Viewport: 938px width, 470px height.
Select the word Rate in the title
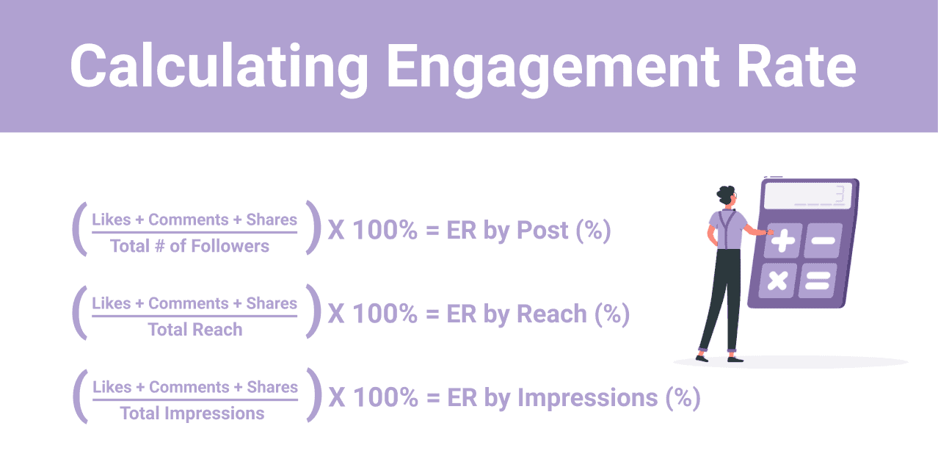click(x=796, y=66)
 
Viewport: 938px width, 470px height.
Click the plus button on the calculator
click(x=782, y=240)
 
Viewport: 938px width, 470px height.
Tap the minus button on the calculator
click(x=823, y=240)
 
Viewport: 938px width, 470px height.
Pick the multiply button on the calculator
click(x=777, y=281)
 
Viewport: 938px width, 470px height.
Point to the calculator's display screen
click(x=808, y=195)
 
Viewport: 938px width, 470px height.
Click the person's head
click(x=727, y=195)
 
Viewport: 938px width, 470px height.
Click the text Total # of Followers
click(x=189, y=246)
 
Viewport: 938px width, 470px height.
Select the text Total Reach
click(x=195, y=329)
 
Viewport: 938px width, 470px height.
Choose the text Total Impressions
click(x=192, y=413)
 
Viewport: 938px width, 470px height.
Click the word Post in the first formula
click(x=542, y=230)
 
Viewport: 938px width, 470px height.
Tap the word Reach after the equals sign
click(x=552, y=314)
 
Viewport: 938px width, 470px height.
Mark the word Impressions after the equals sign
click(x=587, y=397)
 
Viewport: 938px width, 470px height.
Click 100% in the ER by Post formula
click(x=385, y=230)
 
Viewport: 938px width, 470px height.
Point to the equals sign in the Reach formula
click(x=432, y=314)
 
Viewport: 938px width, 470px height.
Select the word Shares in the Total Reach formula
click(x=272, y=303)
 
